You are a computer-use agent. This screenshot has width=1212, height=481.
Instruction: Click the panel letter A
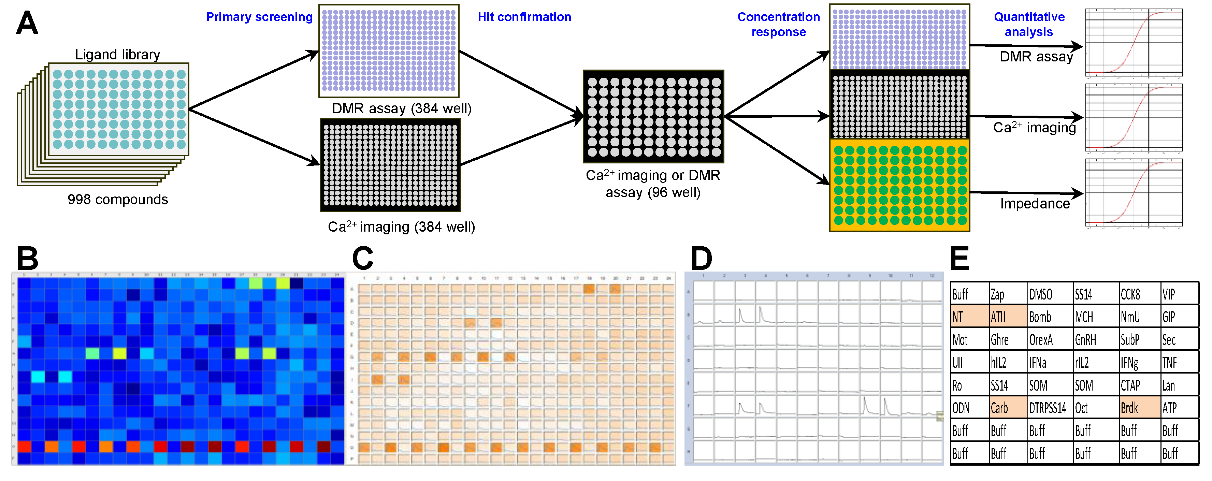(x=27, y=24)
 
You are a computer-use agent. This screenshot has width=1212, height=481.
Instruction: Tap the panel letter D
(x=701, y=259)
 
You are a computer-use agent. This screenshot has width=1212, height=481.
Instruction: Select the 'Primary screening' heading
(x=259, y=17)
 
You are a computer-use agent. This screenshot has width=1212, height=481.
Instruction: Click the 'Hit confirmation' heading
(x=524, y=17)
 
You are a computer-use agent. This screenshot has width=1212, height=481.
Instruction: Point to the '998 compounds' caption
(x=118, y=200)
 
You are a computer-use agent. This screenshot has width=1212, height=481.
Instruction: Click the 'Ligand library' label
(x=118, y=55)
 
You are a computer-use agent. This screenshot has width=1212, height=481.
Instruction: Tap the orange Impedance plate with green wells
(x=899, y=185)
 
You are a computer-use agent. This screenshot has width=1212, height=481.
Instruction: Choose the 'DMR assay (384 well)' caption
(x=401, y=108)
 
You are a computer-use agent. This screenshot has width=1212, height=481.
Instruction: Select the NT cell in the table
(x=969, y=317)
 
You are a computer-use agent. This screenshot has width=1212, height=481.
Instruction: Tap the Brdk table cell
(x=1139, y=408)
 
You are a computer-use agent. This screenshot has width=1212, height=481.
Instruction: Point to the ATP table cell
(x=1179, y=408)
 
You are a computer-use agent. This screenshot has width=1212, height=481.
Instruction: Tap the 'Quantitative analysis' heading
(x=1029, y=25)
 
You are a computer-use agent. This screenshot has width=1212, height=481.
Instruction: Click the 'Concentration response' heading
(x=778, y=25)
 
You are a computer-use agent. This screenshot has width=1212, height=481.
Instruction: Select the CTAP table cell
(x=1139, y=385)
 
